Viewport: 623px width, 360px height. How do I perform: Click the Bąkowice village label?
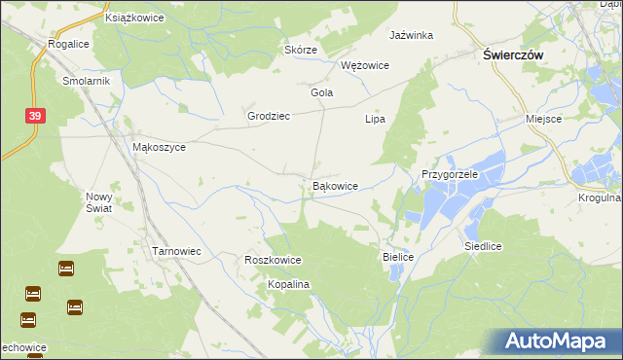pos(335,185)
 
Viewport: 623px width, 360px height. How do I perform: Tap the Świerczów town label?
pos(513,56)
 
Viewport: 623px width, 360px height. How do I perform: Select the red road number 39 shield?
pos(35,116)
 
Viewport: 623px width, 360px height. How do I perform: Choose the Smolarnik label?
pos(87,82)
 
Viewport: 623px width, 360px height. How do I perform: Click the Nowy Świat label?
pos(99,201)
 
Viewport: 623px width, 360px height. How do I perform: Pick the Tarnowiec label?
pos(176,251)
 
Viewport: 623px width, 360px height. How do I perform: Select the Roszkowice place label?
pos(273,261)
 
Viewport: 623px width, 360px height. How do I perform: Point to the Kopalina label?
pos(288,284)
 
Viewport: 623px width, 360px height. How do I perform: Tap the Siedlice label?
pos(483,247)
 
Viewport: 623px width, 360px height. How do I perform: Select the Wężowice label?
pos(365,65)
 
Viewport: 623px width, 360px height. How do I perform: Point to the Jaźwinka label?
pos(411,35)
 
